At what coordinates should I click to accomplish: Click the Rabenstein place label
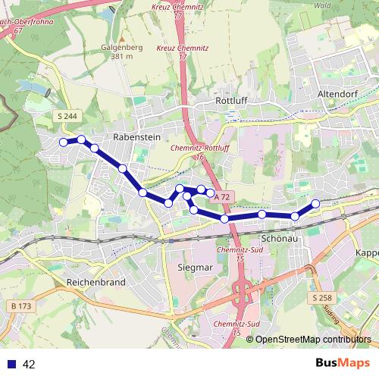134,137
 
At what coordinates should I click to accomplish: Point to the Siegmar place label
193,268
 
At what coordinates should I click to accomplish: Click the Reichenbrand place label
97,281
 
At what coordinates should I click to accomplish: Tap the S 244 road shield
66,115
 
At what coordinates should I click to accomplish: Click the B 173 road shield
25,305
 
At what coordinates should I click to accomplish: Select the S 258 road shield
321,299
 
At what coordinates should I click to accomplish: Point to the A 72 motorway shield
221,197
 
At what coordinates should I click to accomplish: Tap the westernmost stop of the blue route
63,142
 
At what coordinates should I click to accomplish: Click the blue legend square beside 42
11,365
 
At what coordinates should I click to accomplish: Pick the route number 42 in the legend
29,365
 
